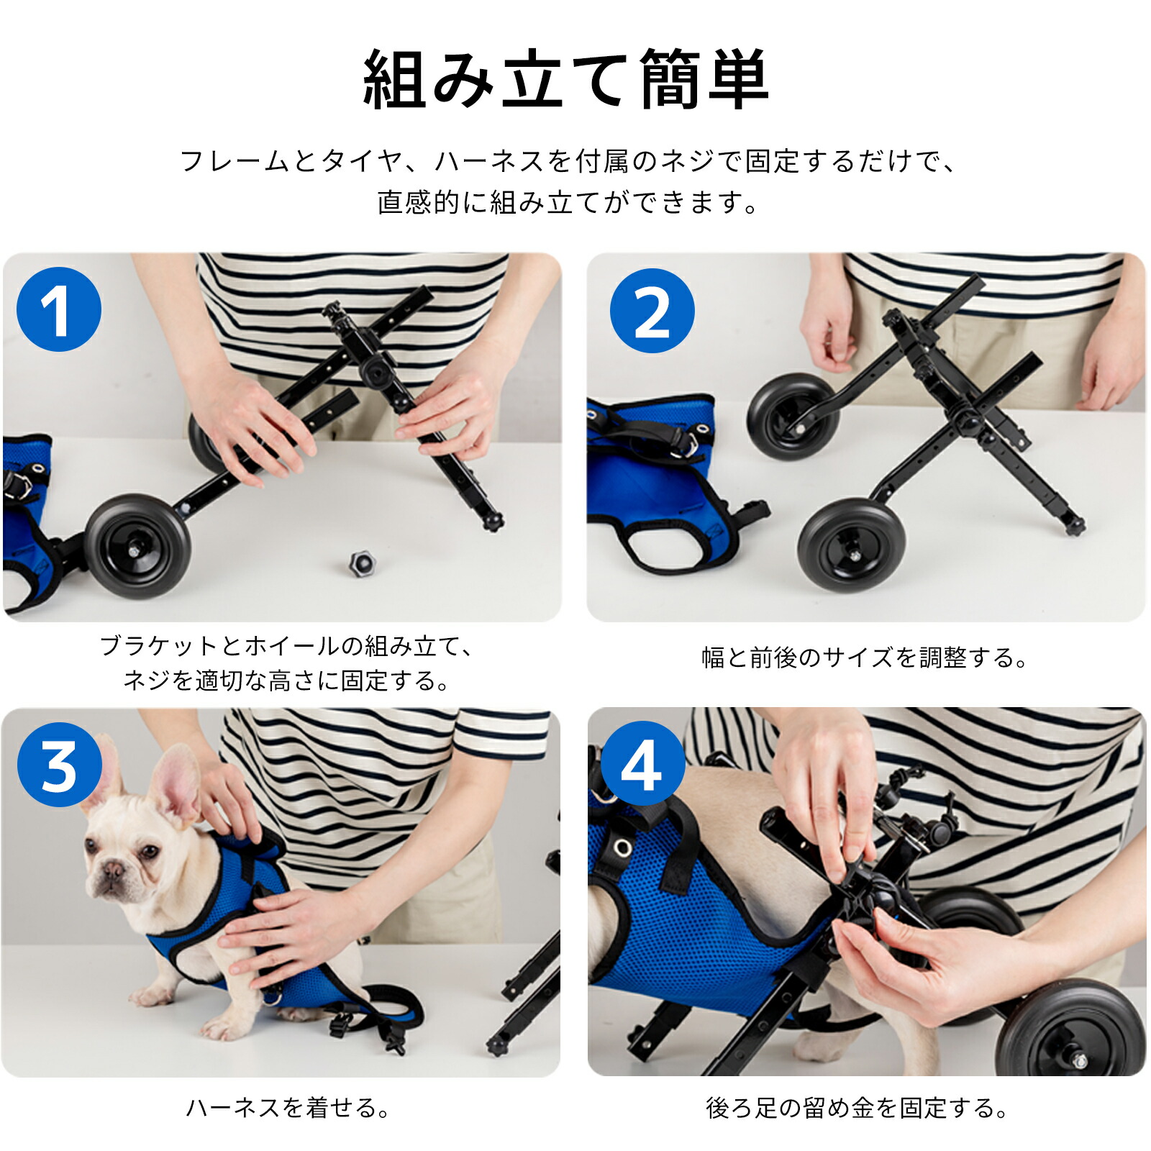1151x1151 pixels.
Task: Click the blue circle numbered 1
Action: click(x=59, y=309)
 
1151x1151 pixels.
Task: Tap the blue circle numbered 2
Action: click(x=652, y=311)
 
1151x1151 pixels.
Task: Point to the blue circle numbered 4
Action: click(x=642, y=764)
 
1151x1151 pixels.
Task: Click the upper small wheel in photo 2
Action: click(x=792, y=417)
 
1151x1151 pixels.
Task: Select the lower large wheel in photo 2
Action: click(x=851, y=545)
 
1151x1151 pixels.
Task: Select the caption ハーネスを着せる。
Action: click(x=287, y=1107)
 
